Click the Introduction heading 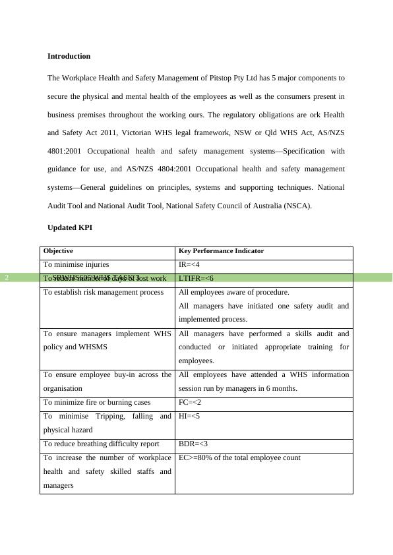pos(69,57)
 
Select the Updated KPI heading pos(69,227)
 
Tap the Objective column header pos(58,251)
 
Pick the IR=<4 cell pos(189,264)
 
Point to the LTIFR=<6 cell pos(196,278)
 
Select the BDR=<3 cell pos(193,444)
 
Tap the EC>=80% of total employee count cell pos(239,457)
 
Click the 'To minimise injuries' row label pos(76,264)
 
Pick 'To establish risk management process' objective pos(104,292)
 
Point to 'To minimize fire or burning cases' pos(97,402)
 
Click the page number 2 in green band pos(7,278)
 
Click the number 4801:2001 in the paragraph pos(65,151)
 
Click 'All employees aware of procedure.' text pos(234,292)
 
